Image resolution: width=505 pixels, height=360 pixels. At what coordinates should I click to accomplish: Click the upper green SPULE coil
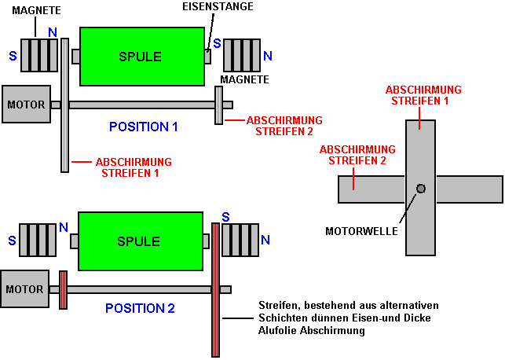click(x=140, y=57)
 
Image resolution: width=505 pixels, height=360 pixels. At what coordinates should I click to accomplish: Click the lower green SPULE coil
click(x=140, y=241)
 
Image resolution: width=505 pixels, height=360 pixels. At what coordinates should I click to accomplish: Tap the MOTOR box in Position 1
click(x=27, y=105)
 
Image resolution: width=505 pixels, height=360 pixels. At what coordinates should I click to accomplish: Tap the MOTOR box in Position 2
click(x=25, y=289)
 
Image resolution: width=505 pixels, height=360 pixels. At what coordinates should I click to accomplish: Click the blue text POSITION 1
click(x=144, y=127)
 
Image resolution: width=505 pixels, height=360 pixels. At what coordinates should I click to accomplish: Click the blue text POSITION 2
click(x=140, y=308)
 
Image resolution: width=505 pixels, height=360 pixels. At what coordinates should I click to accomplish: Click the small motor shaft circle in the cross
click(x=421, y=189)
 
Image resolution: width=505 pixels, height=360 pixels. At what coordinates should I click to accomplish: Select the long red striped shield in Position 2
click(x=215, y=289)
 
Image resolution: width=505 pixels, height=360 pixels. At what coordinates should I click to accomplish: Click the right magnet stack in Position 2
click(x=239, y=240)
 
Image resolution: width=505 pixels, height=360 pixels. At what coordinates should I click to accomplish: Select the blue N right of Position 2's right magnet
click(x=265, y=239)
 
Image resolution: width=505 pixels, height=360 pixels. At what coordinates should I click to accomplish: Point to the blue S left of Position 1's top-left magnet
click(x=13, y=57)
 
